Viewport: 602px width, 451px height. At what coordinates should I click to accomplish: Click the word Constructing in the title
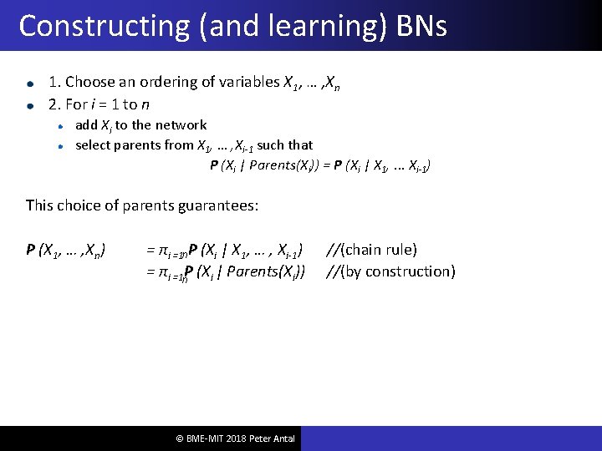tap(104, 26)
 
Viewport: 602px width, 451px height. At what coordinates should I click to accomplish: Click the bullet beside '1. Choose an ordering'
tap(30, 84)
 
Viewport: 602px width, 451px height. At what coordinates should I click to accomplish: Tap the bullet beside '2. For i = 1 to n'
tap(30, 105)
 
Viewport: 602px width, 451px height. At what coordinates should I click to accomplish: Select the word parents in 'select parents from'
tap(136, 145)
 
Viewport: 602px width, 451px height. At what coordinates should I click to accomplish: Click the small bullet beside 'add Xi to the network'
tap(61, 126)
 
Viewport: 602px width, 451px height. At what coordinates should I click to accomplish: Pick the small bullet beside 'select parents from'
tap(61, 145)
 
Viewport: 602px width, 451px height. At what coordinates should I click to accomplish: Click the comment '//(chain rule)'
tap(371, 250)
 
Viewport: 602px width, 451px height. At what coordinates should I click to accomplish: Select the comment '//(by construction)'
tap(390, 271)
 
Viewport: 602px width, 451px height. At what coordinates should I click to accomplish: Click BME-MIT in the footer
tap(204, 438)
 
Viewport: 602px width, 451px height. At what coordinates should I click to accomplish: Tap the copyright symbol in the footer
tap(178, 438)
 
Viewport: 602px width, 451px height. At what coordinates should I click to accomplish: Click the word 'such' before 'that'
tap(272, 145)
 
